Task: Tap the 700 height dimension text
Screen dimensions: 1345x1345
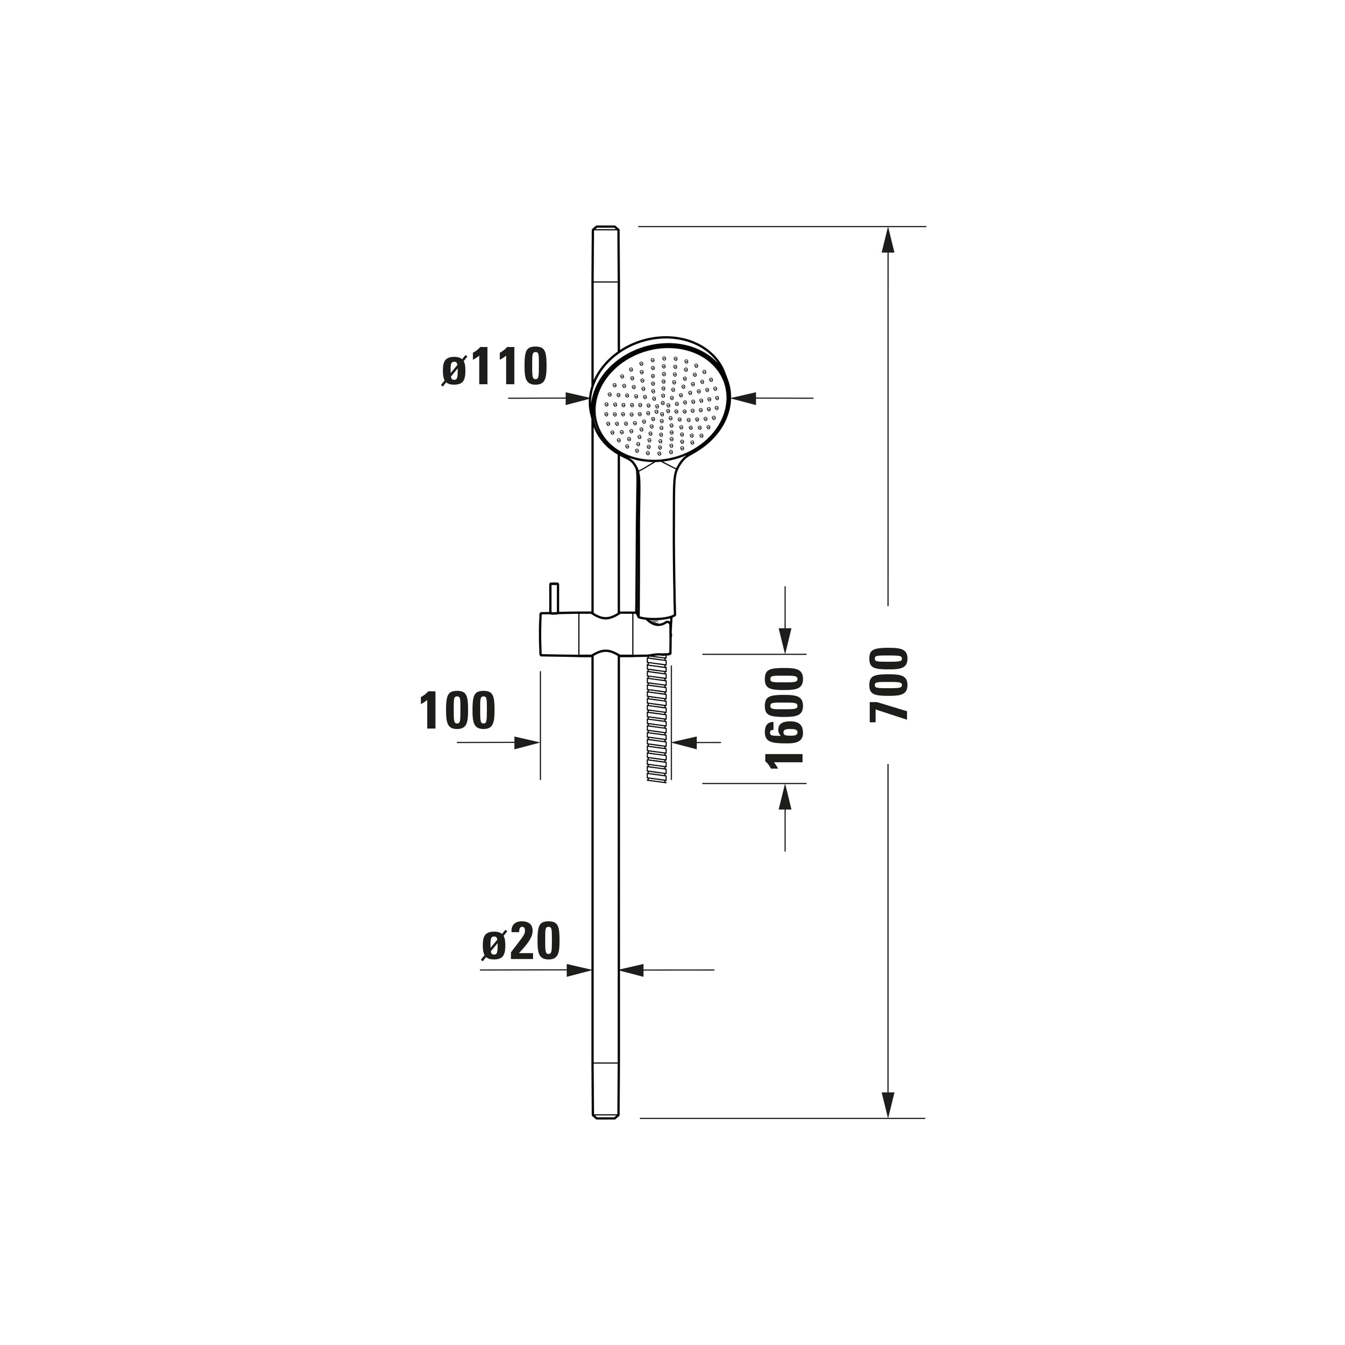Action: (889, 684)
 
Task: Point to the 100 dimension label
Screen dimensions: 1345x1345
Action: (457, 711)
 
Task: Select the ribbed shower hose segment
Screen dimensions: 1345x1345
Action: (658, 720)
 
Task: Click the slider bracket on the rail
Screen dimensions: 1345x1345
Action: (606, 634)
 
